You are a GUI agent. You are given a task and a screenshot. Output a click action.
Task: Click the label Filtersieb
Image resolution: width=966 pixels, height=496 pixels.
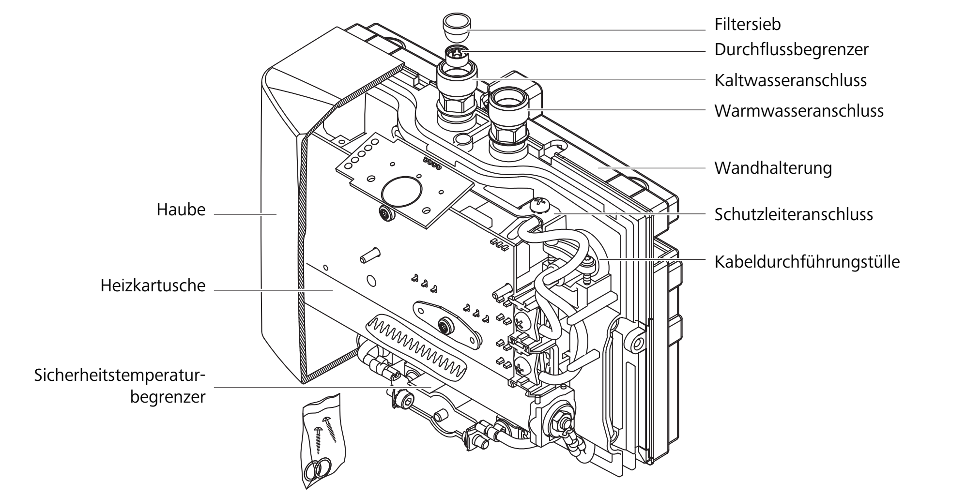tap(748, 24)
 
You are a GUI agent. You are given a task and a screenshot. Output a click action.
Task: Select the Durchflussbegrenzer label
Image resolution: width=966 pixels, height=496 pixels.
tap(792, 50)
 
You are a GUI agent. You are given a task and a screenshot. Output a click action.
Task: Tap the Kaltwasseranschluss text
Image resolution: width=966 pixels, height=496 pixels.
tap(791, 80)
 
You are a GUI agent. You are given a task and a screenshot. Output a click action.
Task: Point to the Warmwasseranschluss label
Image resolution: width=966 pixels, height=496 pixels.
tap(799, 111)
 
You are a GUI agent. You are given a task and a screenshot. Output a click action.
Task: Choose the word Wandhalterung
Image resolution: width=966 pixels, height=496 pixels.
tap(773, 168)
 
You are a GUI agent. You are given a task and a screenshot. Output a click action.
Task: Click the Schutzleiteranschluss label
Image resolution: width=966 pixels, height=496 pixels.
tap(794, 214)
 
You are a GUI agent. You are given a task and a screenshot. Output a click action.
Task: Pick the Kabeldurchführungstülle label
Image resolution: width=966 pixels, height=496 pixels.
tap(807, 262)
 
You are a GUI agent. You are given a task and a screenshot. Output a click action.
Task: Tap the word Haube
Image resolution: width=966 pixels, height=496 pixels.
tap(181, 210)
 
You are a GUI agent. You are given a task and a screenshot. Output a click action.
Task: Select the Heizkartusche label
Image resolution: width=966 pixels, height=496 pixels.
tap(153, 286)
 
